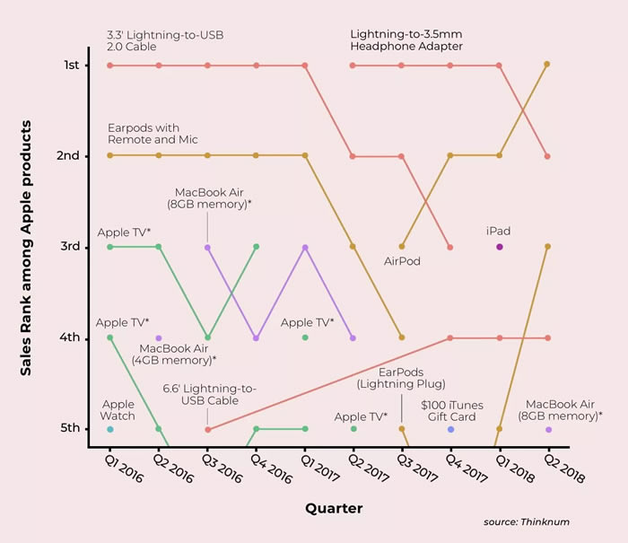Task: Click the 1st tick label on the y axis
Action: coord(71,66)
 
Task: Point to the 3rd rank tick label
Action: coord(71,247)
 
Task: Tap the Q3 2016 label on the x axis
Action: coord(215,467)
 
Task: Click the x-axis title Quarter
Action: coord(334,509)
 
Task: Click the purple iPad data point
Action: coord(499,247)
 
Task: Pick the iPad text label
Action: coord(498,231)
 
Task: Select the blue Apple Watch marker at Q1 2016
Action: coord(109,429)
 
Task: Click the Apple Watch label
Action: coord(118,410)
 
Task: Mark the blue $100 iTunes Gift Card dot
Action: coord(450,429)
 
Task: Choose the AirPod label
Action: coord(402,261)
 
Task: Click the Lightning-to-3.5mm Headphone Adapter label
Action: coord(406,40)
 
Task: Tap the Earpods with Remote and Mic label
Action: coord(153,134)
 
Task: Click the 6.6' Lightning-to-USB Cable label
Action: coord(209,394)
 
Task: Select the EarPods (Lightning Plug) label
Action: coord(400,378)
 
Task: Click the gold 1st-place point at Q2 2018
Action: coord(547,64)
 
